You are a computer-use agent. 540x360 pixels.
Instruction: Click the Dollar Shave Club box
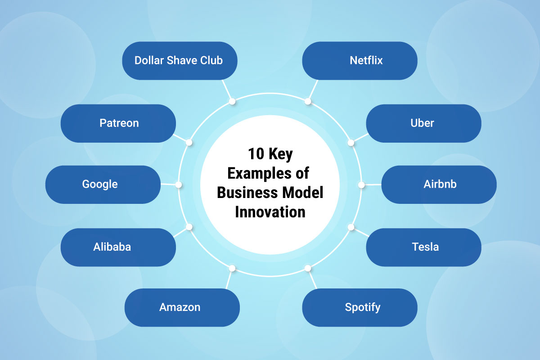tap(179, 61)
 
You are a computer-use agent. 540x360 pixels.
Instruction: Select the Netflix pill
tap(360, 61)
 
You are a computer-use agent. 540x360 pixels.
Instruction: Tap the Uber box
tap(423, 123)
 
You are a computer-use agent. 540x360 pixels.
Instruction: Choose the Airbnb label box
tap(439, 184)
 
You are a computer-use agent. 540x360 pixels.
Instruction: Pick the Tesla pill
tap(423, 247)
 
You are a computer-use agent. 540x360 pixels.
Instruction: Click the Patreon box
tap(118, 123)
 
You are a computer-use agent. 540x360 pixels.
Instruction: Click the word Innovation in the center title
tap(270, 211)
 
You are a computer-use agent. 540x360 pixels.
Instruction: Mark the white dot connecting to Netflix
tap(308, 102)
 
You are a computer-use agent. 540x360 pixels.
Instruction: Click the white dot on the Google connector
tap(179, 184)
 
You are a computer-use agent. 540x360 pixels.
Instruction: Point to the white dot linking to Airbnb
tap(361, 184)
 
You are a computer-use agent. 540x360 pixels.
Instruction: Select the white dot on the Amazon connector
tap(232, 268)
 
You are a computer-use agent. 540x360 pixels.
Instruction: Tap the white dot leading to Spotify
tap(308, 268)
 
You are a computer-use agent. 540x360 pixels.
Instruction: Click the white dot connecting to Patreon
tap(189, 142)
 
